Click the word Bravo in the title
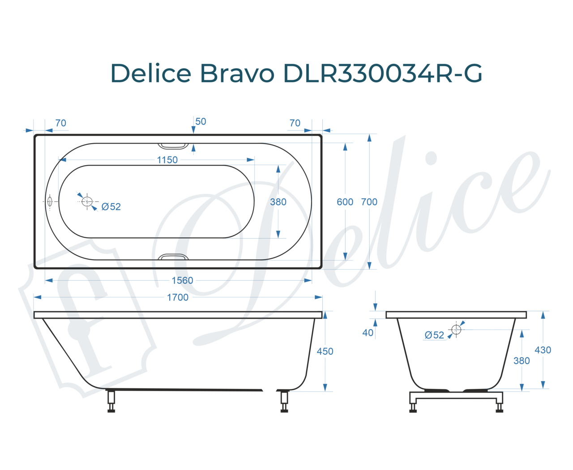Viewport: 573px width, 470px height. click(x=237, y=73)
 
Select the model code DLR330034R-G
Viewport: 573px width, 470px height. click(x=383, y=73)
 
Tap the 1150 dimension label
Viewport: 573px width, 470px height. click(x=167, y=160)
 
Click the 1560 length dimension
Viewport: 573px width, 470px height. click(x=182, y=280)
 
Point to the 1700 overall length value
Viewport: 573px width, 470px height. click(x=177, y=297)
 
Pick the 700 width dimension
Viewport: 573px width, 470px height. click(x=369, y=202)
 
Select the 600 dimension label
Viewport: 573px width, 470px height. click(x=345, y=202)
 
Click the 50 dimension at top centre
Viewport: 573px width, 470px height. click(x=201, y=122)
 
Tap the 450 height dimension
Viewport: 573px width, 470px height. click(x=325, y=351)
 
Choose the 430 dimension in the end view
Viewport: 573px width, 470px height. click(x=543, y=350)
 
